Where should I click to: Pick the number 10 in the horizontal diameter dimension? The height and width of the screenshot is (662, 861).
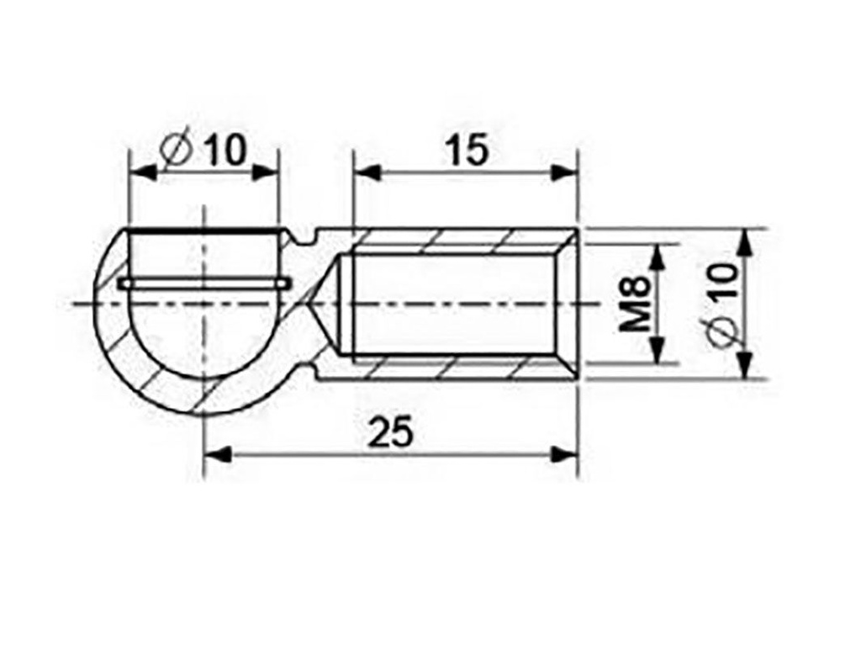point(223,151)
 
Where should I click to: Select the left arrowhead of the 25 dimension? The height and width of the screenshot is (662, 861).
point(218,454)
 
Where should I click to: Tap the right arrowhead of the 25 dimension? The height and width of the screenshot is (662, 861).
point(566,454)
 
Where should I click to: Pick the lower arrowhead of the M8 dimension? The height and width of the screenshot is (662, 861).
point(658,351)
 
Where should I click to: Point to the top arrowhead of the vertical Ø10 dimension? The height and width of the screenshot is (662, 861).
point(743,241)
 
